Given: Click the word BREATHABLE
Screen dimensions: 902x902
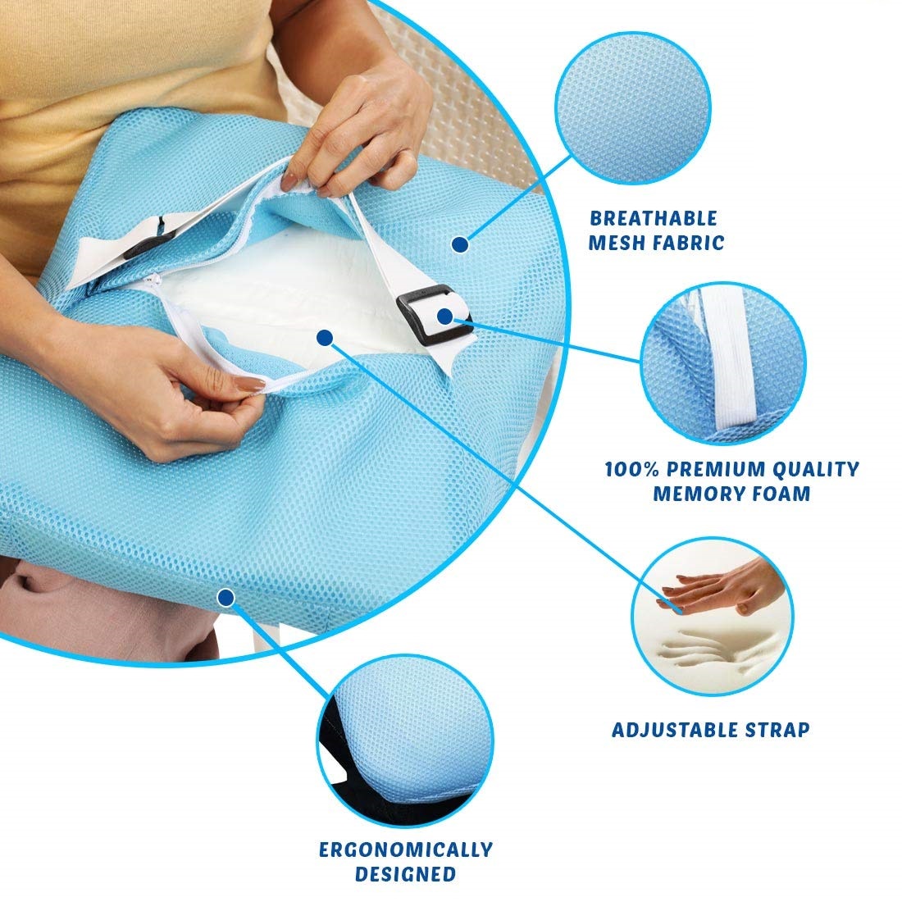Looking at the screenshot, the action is tap(654, 219).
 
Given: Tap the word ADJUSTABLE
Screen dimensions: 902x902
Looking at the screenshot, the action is tap(675, 730).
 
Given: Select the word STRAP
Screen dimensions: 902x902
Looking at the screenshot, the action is tap(777, 730).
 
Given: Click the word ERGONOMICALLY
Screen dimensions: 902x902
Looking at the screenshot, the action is tap(406, 850).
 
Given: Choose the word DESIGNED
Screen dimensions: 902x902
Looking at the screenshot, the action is tap(406, 874).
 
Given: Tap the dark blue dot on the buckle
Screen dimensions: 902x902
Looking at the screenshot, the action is tap(444, 316).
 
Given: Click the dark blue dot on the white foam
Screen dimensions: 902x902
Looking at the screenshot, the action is tap(325, 338).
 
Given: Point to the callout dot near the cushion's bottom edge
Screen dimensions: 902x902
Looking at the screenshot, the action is tap(226, 599).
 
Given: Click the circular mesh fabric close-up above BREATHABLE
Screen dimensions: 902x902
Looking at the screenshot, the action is tap(633, 107).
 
